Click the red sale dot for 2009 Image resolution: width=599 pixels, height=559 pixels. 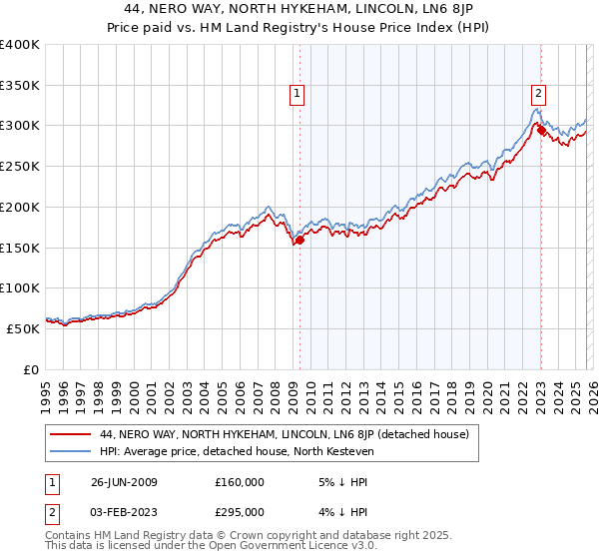[x=299, y=240]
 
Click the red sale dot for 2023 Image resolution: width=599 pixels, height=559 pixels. [x=541, y=130]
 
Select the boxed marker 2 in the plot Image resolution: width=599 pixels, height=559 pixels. [x=538, y=94]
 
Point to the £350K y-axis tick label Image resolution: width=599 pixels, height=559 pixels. [x=20, y=86]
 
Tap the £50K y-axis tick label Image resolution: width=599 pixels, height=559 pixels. [x=23, y=328]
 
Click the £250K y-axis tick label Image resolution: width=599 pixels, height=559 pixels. [x=20, y=167]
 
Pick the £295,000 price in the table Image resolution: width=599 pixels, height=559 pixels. [x=240, y=511]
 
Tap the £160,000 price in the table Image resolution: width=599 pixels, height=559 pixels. [x=240, y=481]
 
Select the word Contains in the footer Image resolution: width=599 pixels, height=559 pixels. [x=70, y=535]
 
